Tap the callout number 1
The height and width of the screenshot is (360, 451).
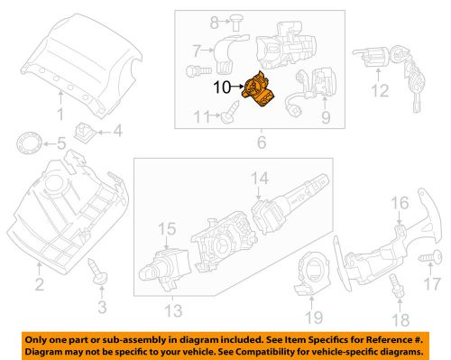(60, 115)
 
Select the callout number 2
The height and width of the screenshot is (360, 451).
(38, 287)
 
